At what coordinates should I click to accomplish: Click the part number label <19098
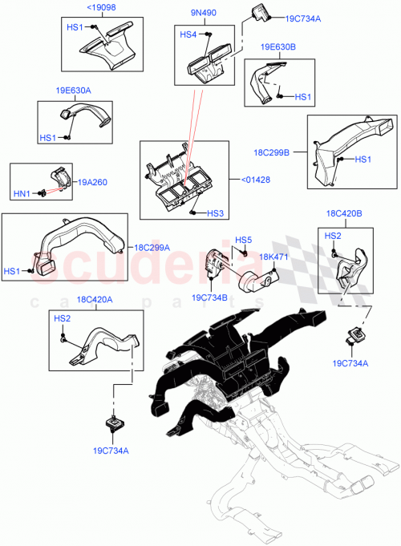pyautogui.click(x=101, y=8)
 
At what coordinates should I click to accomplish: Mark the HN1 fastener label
pyautogui.click(x=21, y=193)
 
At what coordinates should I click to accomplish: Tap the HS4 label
pyautogui.click(x=188, y=34)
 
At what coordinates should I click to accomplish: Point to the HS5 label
pyautogui.click(x=243, y=240)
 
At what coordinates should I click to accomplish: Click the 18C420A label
pyautogui.click(x=94, y=299)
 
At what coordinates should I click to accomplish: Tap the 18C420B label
pyautogui.click(x=345, y=215)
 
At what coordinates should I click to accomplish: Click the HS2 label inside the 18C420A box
pyautogui.click(x=62, y=318)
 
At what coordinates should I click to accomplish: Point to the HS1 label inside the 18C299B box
pyautogui.click(x=363, y=160)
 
